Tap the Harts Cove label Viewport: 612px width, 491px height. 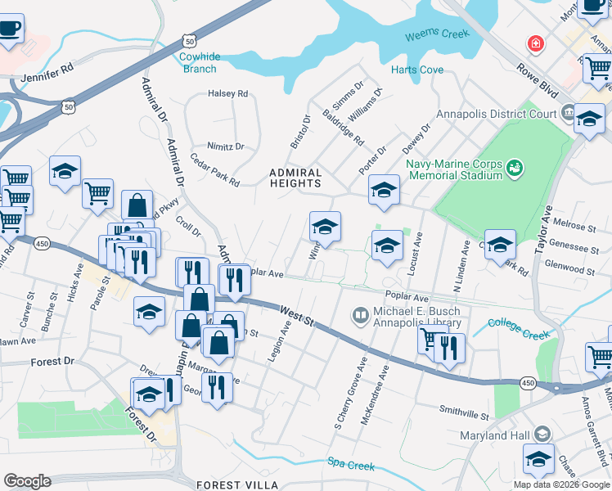(x=417, y=70)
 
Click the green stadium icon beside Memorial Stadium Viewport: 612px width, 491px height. (x=515, y=169)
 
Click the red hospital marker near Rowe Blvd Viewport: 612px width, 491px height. (x=535, y=43)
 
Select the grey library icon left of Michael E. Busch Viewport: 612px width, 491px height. (x=359, y=314)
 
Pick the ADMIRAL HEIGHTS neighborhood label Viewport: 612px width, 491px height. (x=296, y=178)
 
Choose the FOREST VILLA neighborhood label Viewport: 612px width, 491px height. (x=237, y=485)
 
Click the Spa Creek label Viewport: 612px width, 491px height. (x=351, y=466)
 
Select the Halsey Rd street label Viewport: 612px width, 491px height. (x=228, y=94)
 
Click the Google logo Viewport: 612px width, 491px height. (x=27, y=481)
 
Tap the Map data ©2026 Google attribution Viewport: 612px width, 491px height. (x=560, y=484)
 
